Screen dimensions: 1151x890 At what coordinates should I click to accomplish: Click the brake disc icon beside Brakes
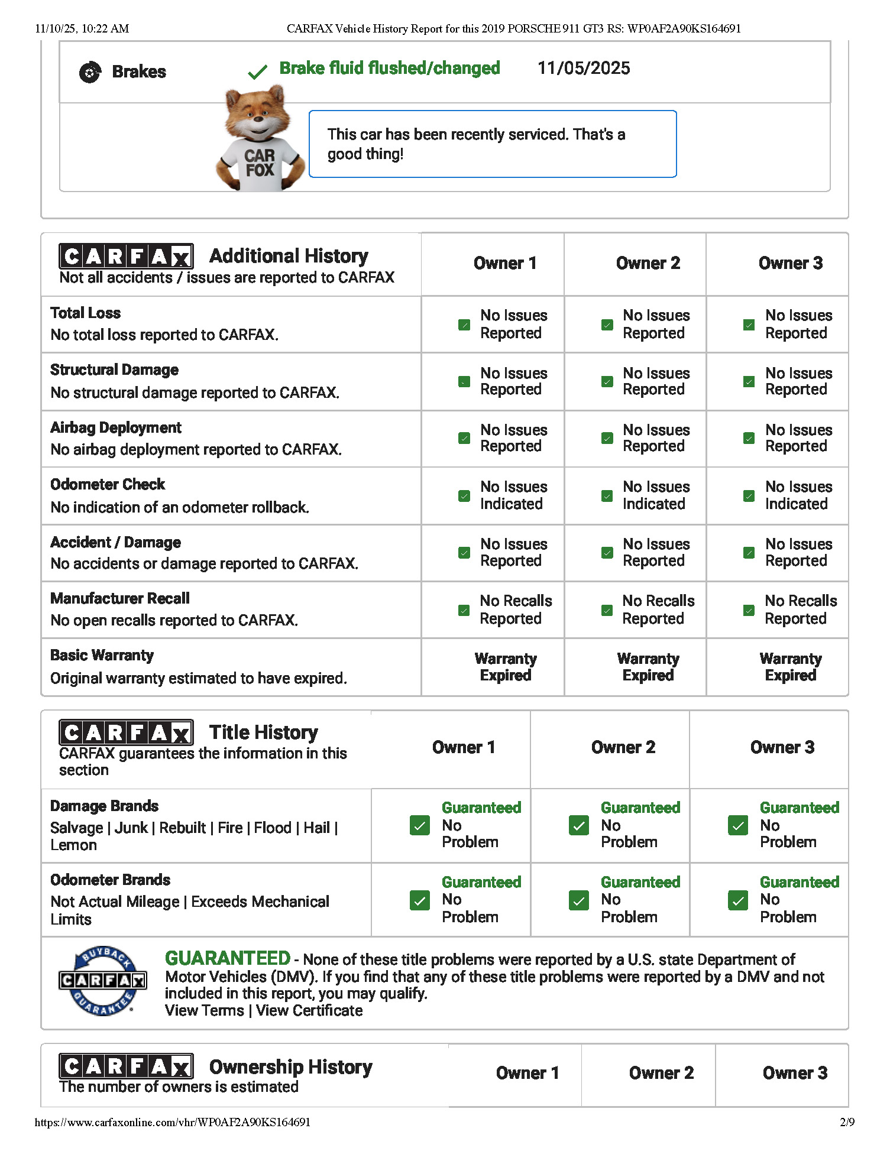[90, 72]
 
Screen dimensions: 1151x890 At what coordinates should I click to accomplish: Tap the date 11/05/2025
[583, 69]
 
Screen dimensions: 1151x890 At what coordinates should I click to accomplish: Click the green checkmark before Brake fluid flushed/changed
[257, 73]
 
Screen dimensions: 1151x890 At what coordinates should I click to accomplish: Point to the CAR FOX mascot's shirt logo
[260, 163]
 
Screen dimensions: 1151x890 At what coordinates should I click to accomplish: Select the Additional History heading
[289, 256]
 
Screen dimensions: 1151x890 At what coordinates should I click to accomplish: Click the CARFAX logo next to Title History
[126, 733]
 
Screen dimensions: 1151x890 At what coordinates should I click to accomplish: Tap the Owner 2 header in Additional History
[648, 263]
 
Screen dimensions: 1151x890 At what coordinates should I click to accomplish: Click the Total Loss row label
[86, 313]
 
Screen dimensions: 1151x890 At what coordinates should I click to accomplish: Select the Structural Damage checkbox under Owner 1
[464, 382]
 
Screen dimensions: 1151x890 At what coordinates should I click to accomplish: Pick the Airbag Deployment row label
[116, 427]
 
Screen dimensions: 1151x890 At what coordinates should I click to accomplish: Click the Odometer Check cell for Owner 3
[789, 495]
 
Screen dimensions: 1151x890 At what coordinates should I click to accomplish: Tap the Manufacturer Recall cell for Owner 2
[648, 609]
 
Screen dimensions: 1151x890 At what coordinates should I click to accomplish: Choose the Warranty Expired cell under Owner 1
[506, 667]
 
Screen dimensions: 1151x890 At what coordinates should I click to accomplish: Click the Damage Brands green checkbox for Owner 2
[578, 825]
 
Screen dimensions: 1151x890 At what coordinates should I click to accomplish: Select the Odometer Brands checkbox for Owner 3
[737, 900]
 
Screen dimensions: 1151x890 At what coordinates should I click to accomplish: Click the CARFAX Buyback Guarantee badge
[103, 981]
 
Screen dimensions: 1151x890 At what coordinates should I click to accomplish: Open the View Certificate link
[309, 1010]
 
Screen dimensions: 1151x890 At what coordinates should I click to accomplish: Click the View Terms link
[204, 1010]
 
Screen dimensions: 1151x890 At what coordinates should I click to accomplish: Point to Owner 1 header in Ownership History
[527, 1073]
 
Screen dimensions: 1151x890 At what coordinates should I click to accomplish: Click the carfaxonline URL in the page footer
[173, 1122]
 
